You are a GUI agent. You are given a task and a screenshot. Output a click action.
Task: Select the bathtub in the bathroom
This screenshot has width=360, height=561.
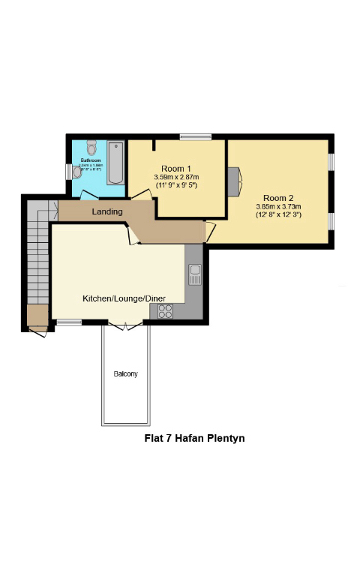[x=115, y=163]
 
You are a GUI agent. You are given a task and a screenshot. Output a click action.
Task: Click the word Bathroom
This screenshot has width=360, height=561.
[x=91, y=160]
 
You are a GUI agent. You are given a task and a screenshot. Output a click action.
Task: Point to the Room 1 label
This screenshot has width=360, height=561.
[x=176, y=168]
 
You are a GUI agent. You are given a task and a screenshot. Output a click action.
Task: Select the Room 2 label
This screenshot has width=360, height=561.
[x=277, y=198]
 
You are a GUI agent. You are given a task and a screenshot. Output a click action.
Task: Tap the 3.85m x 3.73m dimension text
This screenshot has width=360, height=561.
[x=277, y=206]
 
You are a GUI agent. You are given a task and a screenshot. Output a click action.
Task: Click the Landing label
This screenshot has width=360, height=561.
[x=107, y=212]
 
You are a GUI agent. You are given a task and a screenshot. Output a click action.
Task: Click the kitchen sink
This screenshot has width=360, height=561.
[x=194, y=274]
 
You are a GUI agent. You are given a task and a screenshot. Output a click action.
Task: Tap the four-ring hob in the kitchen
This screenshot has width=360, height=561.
[x=166, y=311]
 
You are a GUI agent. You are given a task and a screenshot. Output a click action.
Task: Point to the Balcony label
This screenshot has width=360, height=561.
[x=125, y=373]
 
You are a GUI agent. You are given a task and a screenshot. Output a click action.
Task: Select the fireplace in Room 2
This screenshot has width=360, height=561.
[x=235, y=180]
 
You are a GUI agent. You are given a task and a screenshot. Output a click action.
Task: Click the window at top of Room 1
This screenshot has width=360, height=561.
[x=195, y=136]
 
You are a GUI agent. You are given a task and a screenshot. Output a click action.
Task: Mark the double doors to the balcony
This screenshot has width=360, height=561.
[x=124, y=325]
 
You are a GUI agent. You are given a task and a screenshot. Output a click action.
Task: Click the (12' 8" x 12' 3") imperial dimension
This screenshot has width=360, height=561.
[x=277, y=215]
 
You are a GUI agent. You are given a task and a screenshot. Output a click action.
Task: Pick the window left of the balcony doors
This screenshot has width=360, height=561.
[x=69, y=322]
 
